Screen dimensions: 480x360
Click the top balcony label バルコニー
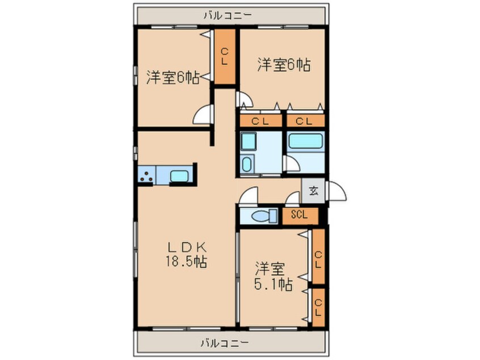(x=228, y=15)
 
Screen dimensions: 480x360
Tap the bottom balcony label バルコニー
(x=225, y=342)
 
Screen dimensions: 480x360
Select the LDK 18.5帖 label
(x=187, y=255)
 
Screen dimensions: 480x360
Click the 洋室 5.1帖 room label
(x=273, y=276)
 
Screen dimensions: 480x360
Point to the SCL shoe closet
(x=300, y=216)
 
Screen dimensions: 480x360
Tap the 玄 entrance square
(x=313, y=191)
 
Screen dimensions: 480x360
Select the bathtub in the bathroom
(x=306, y=141)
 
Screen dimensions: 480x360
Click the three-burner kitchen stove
(x=146, y=175)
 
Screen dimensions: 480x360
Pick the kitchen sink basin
(x=179, y=176)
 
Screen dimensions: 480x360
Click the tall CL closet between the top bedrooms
(x=225, y=56)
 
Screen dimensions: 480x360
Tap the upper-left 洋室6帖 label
(x=173, y=78)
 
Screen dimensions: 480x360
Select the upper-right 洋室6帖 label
(x=284, y=65)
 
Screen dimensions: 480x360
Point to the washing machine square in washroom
(x=249, y=141)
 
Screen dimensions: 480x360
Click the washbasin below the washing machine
(x=247, y=164)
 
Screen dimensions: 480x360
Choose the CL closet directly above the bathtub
(x=305, y=121)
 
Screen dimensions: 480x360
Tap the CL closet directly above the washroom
(x=260, y=121)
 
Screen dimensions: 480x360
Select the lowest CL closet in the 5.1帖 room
(x=318, y=307)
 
